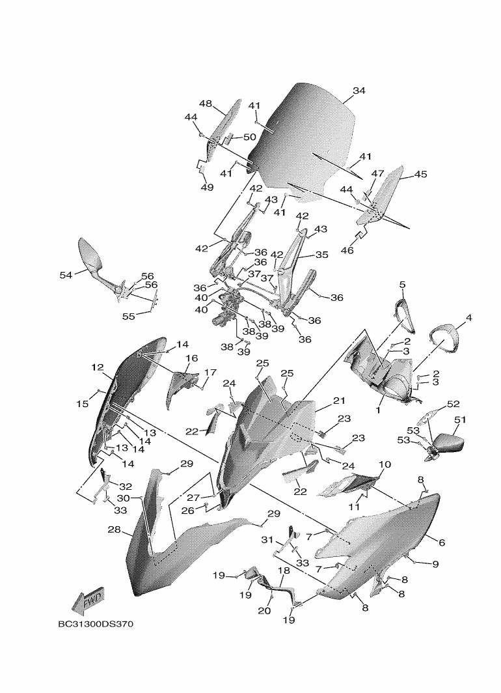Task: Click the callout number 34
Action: [x=360, y=91]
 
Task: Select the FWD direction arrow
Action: [x=88, y=602]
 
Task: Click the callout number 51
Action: [x=460, y=420]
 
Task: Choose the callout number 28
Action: [x=115, y=530]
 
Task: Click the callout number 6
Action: [x=442, y=543]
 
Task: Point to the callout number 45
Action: [x=420, y=174]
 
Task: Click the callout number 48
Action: [x=206, y=104]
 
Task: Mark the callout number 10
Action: [x=385, y=464]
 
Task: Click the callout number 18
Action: [x=284, y=571]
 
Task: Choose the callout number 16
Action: [x=192, y=358]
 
